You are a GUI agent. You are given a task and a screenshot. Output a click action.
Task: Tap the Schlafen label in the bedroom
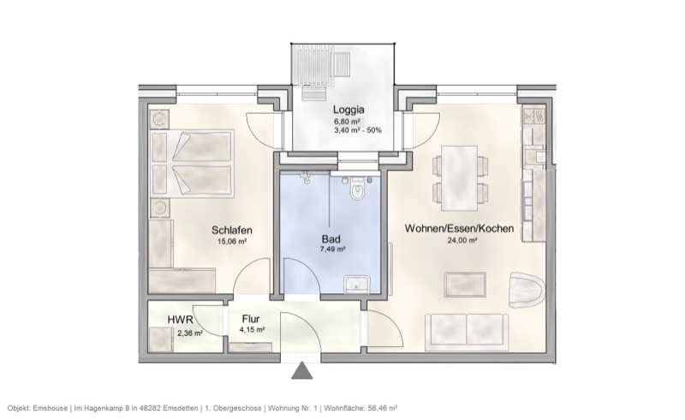tap(231, 230)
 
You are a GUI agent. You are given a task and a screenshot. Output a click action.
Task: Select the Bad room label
tap(331, 238)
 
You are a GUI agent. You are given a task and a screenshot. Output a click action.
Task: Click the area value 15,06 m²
tap(232, 242)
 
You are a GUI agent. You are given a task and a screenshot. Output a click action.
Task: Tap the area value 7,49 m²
tap(332, 249)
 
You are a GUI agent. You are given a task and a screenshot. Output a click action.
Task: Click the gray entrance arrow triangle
tap(301, 371)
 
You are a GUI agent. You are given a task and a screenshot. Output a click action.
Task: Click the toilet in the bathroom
tap(358, 192)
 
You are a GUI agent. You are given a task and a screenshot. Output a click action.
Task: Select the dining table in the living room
tap(462, 175)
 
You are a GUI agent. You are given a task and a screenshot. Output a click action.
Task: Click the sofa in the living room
tap(461, 331)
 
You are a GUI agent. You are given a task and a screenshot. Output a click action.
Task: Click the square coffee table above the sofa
tap(468, 285)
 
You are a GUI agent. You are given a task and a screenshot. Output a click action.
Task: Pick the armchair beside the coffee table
tap(524, 289)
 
